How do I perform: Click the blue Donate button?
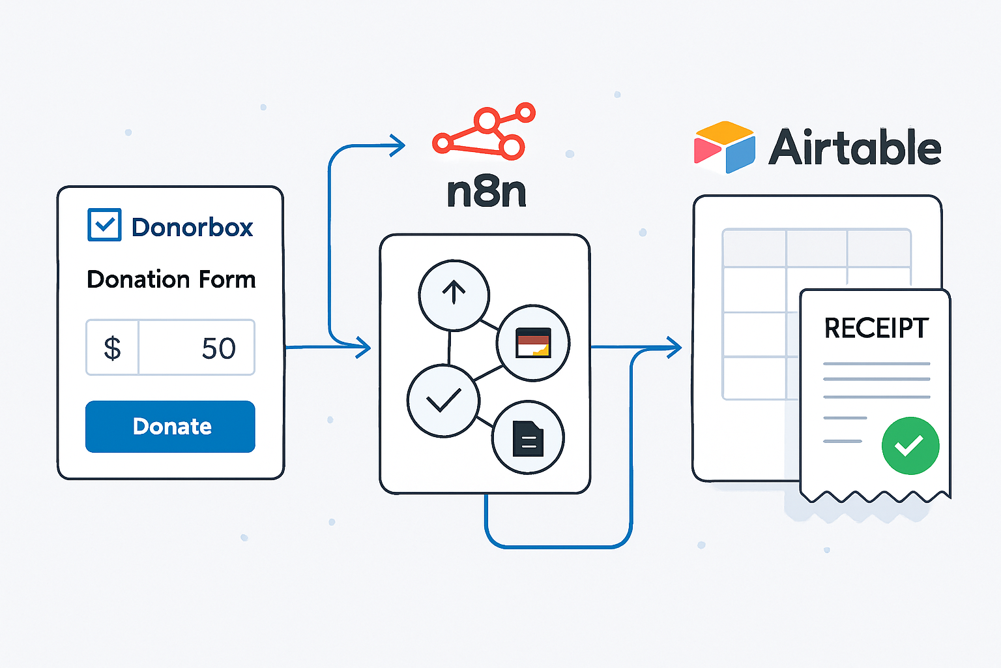(x=170, y=427)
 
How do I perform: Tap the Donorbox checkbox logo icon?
(x=104, y=224)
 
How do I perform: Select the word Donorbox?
(x=192, y=227)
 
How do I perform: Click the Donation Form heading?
(x=171, y=279)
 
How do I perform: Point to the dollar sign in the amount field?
(x=112, y=348)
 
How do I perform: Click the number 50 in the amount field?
(x=218, y=348)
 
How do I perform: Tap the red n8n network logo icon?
(x=484, y=131)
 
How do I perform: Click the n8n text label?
(x=486, y=192)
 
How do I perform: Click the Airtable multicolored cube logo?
(x=725, y=147)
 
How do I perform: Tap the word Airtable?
(x=854, y=147)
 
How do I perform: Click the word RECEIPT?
(x=877, y=328)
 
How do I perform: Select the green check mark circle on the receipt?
(x=910, y=446)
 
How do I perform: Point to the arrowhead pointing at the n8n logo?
(x=398, y=145)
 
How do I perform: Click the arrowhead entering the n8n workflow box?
(x=363, y=347)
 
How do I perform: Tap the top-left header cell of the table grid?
(x=754, y=249)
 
